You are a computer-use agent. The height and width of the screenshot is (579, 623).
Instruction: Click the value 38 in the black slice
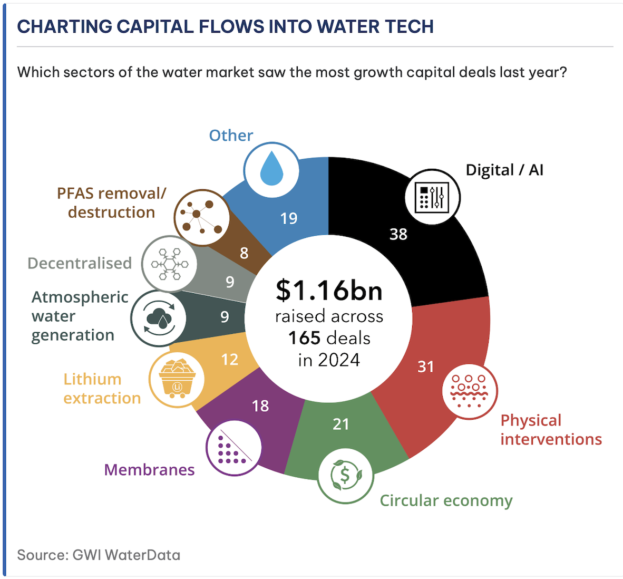398,234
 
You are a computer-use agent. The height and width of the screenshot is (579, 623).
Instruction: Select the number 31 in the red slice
426,366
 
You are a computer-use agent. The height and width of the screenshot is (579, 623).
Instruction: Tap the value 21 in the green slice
341,424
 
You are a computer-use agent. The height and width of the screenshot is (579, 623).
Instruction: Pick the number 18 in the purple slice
260,406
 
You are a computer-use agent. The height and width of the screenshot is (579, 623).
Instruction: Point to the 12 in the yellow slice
230,360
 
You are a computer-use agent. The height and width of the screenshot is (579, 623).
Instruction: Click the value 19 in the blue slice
289,218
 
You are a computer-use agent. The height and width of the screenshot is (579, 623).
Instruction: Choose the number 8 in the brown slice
244,253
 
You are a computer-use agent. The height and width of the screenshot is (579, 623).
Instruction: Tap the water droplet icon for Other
271,170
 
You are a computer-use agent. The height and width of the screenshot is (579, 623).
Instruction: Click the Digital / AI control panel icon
432,197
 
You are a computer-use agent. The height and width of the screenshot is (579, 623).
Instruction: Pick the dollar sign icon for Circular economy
345,476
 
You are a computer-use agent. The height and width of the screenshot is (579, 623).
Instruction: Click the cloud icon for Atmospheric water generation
159,319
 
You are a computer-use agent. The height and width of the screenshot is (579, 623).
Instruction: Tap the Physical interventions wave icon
469,391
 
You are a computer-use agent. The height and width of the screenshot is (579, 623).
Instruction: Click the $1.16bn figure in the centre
329,290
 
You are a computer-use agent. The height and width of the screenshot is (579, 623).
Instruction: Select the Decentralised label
80,263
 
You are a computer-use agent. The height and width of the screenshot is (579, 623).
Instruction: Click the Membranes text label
150,470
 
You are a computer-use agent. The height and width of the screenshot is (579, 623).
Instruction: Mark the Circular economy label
446,500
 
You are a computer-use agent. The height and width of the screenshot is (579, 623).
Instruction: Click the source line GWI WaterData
99,555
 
